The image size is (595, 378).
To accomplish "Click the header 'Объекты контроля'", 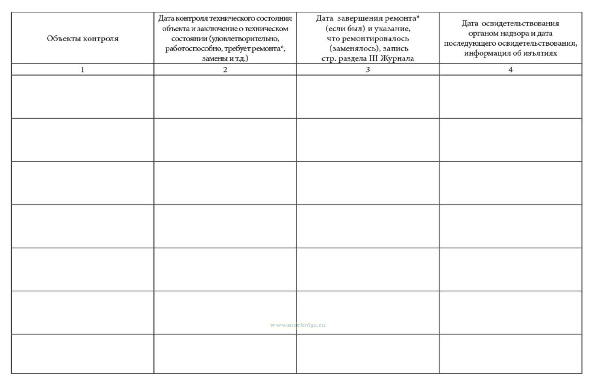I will [x=83, y=38].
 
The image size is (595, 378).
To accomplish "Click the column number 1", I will [x=82, y=70].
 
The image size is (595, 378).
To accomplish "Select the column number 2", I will [x=225, y=70].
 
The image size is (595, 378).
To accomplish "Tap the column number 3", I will [x=368, y=70].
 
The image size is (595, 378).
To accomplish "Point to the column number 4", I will [x=510, y=70].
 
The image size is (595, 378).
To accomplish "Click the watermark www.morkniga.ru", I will [x=298, y=325].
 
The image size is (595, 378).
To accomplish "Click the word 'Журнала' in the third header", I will [x=397, y=58].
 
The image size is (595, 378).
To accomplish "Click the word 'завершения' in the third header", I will [x=357, y=18].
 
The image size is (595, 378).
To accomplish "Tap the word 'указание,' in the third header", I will [x=392, y=28].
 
